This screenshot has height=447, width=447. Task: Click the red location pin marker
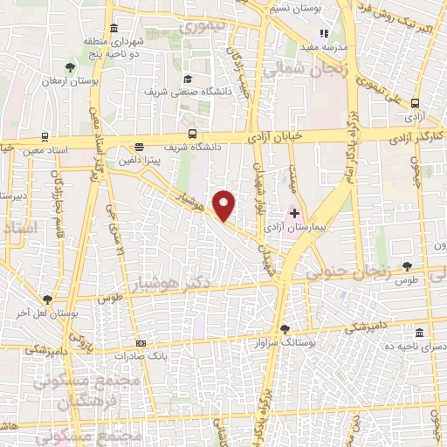[x=224, y=205]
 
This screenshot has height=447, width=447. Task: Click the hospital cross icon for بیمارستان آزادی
[x=294, y=213]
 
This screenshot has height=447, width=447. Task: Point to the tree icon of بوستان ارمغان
[x=71, y=67]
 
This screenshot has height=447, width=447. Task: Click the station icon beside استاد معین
[x=45, y=137]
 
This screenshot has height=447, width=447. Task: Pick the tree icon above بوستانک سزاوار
[x=285, y=329]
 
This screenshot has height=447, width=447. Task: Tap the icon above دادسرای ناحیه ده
[x=420, y=334]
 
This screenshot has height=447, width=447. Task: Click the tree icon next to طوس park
[x=407, y=265]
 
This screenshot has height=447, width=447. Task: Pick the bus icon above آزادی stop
[x=416, y=102]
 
